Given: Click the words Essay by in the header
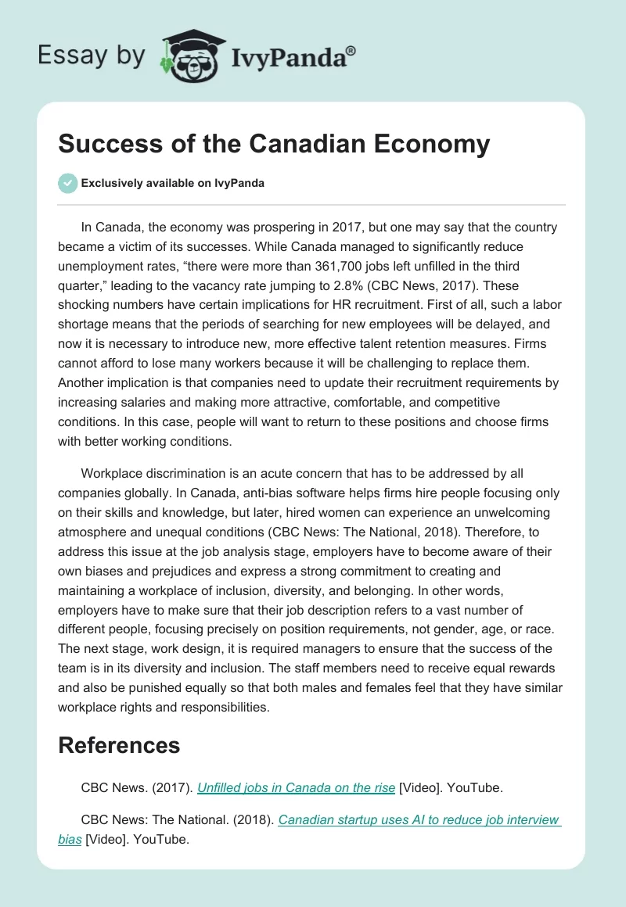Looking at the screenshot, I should tap(90, 56).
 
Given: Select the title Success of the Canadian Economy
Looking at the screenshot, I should tap(274, 144).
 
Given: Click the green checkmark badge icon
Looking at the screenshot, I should tap(67, 183).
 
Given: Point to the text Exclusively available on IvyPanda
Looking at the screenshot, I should tap(173, 184).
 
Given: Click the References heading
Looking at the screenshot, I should tap(119, 745).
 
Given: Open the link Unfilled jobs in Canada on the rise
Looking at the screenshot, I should tap(296, 788).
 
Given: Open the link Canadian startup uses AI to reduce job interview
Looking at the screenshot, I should tap(419, 820).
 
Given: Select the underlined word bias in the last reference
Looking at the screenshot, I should tap(70, 839).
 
